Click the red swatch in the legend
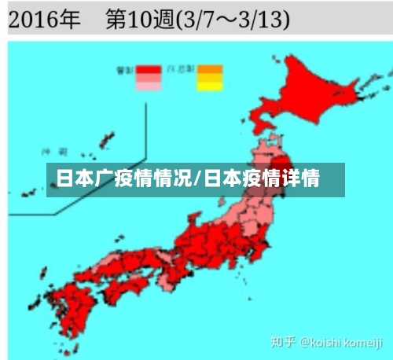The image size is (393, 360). tap(148, 69)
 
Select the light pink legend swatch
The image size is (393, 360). tap(148, 86)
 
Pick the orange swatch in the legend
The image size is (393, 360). tap(210, 69)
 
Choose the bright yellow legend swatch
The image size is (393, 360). tap(210, 86)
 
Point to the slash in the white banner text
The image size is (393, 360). tap(197, 178)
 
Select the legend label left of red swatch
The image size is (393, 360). tap(124, 69)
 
